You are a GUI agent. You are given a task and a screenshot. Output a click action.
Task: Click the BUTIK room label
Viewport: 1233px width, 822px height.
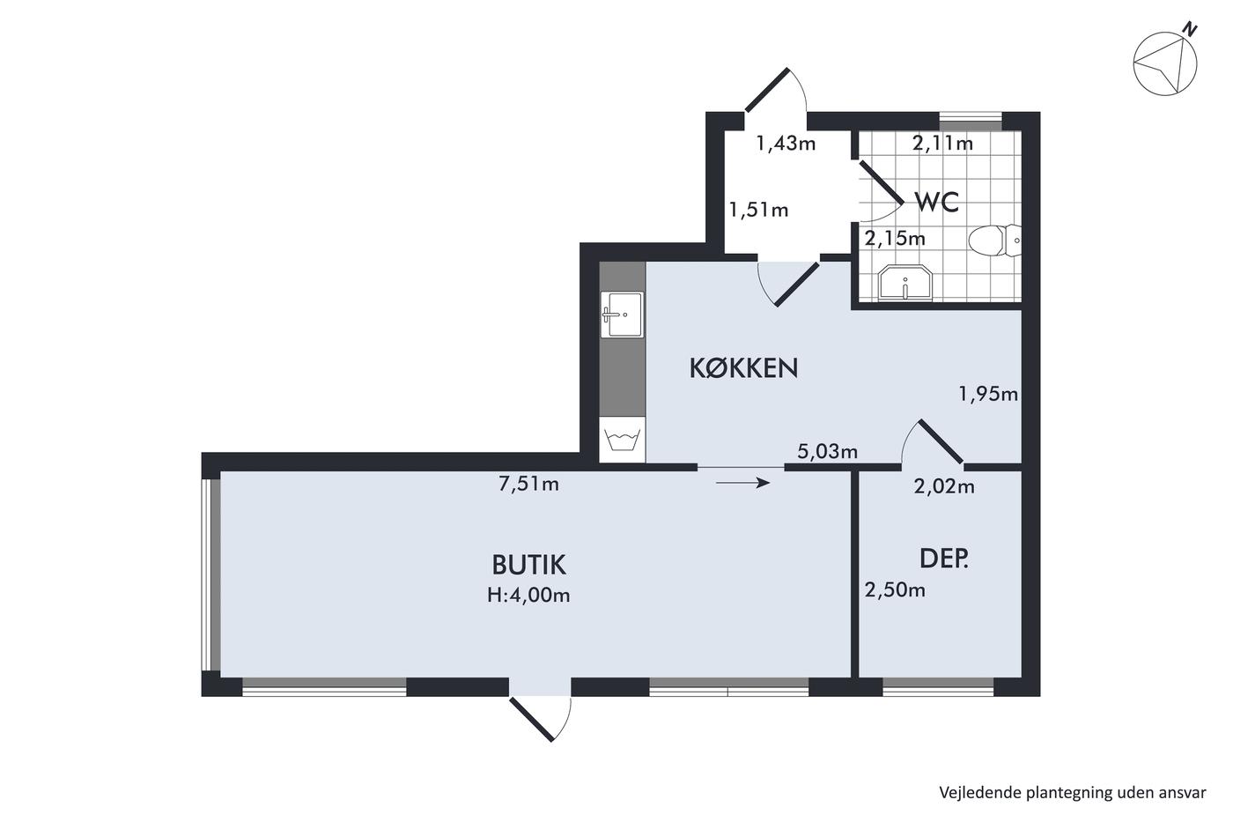528,565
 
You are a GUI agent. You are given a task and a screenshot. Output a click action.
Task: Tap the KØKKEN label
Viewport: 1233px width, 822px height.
743,367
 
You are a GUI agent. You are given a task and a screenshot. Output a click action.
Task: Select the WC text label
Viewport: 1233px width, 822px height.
937,202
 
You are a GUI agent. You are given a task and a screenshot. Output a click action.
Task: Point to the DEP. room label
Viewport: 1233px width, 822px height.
944,559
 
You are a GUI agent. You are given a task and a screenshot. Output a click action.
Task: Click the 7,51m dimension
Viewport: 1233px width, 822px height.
528,484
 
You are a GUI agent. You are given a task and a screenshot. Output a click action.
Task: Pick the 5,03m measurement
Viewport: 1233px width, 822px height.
827,451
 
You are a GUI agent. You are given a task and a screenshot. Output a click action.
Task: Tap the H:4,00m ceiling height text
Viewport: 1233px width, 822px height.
528,596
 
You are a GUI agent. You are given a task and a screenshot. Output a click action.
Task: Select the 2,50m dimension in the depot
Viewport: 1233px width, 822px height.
895,590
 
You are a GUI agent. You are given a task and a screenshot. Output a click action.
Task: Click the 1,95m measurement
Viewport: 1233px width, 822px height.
988,394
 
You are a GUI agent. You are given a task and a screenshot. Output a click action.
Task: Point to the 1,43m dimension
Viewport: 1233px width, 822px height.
786,144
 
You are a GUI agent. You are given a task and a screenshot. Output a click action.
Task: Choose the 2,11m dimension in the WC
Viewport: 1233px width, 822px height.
942,144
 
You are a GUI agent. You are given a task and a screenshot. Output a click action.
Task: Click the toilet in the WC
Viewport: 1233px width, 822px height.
994,241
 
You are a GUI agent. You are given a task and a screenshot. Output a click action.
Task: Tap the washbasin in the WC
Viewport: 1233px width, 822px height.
905,283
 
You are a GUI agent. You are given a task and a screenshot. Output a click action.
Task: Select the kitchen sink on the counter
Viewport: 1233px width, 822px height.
622,315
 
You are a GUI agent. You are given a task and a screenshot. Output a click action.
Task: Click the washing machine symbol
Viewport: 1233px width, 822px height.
622,440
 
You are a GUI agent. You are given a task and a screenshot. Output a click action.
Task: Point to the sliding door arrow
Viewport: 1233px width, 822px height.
742,484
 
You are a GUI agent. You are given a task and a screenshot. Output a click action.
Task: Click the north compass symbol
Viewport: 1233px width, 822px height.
1164,63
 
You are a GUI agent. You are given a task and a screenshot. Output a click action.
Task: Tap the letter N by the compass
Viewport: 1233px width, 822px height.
1190,29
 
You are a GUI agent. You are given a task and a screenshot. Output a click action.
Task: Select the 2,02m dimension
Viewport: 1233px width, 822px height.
944,486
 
